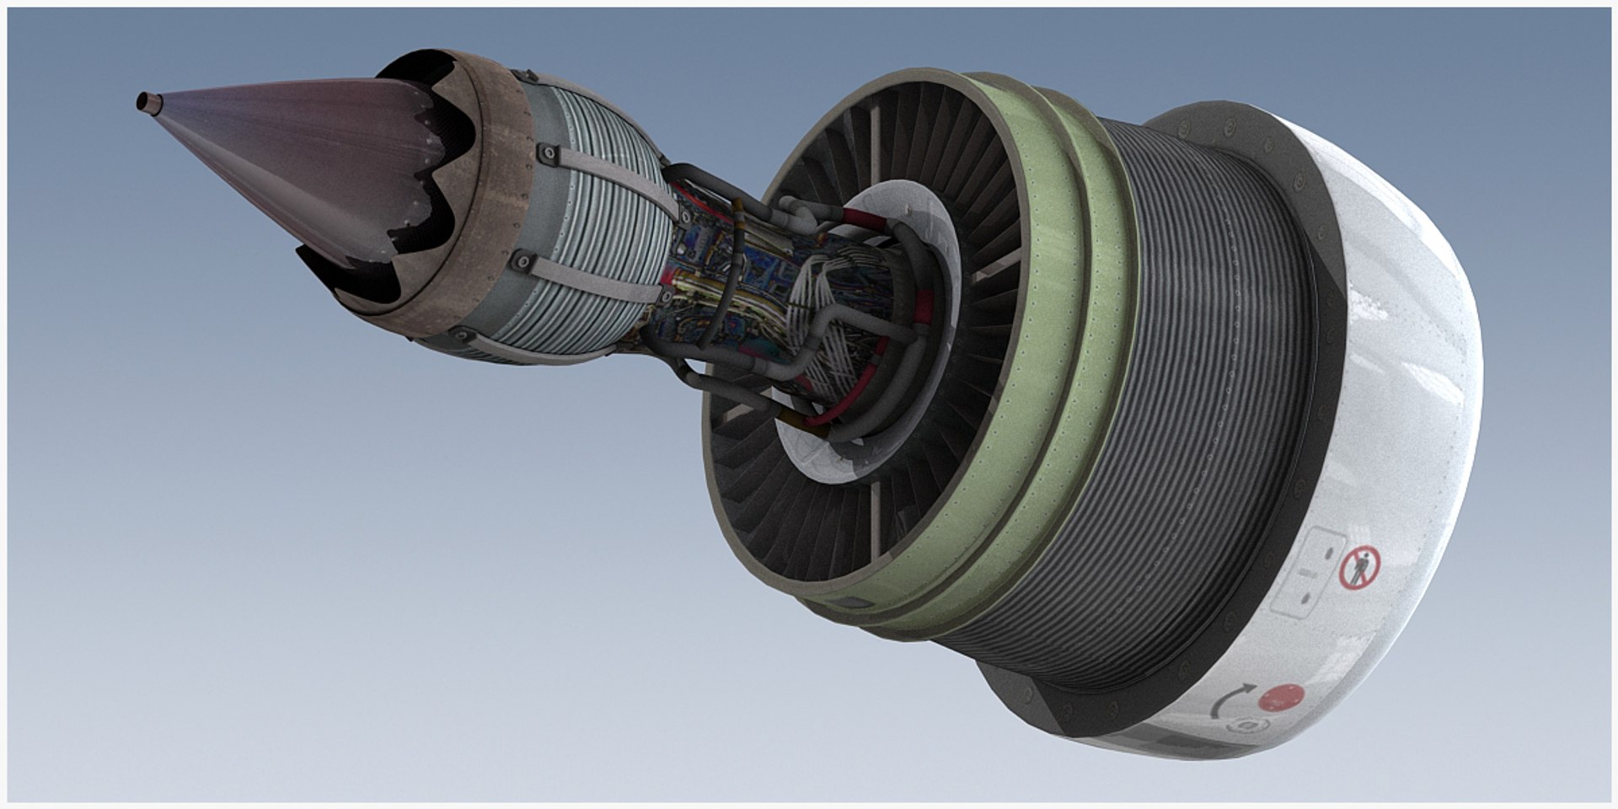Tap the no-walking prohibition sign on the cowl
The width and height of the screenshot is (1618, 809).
(1360, 567)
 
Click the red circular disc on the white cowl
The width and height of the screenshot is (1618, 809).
(1280, 698)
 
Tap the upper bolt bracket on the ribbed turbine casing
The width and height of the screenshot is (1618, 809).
(549, 153)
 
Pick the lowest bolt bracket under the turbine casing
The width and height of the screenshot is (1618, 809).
(461, 335)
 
